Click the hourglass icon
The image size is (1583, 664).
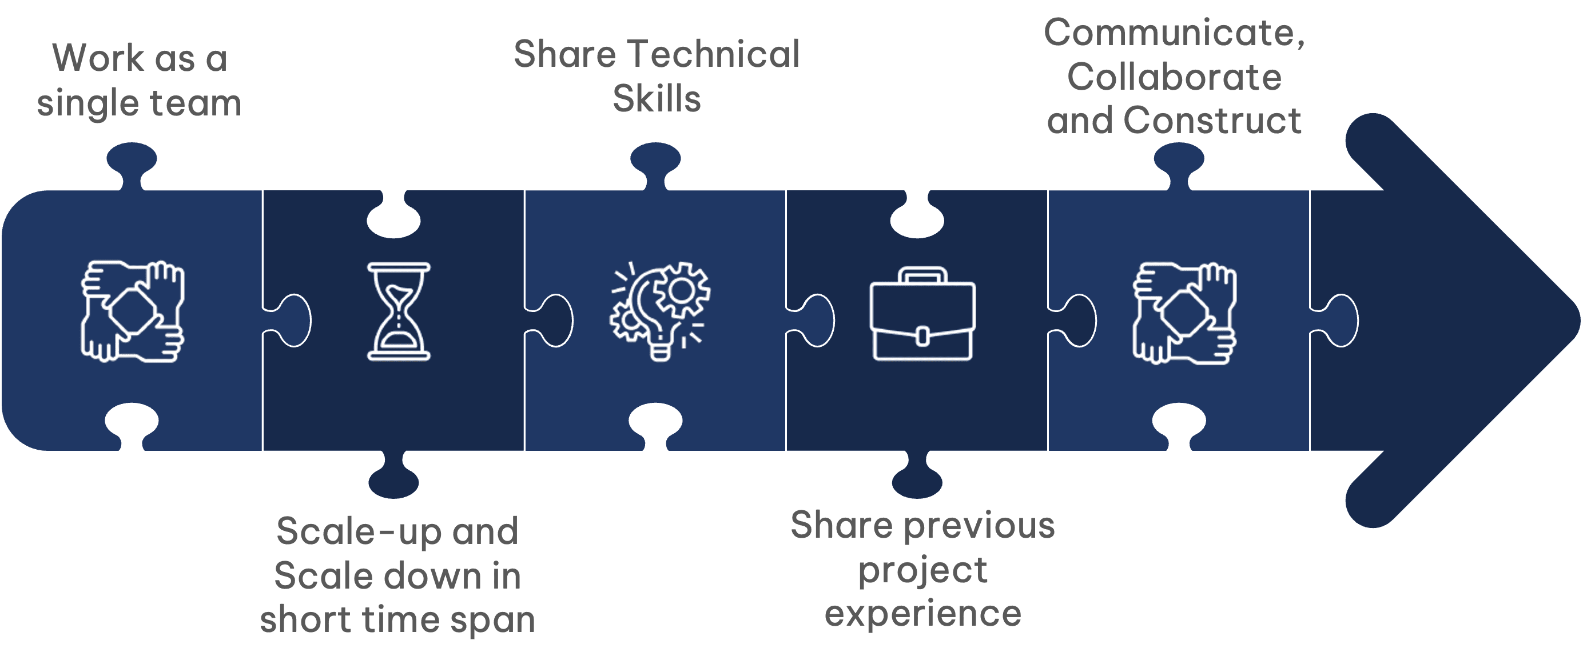point(398,311)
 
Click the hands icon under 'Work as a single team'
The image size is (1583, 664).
point(133,311)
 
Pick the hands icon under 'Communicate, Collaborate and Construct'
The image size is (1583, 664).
point(1185,313)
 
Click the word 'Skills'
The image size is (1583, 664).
point(657,98)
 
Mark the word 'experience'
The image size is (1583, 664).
point(922,614)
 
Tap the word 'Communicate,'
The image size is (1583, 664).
point(1174,33)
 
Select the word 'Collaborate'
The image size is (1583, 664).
point(1174,77)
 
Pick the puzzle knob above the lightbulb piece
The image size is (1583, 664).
point(656,162)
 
